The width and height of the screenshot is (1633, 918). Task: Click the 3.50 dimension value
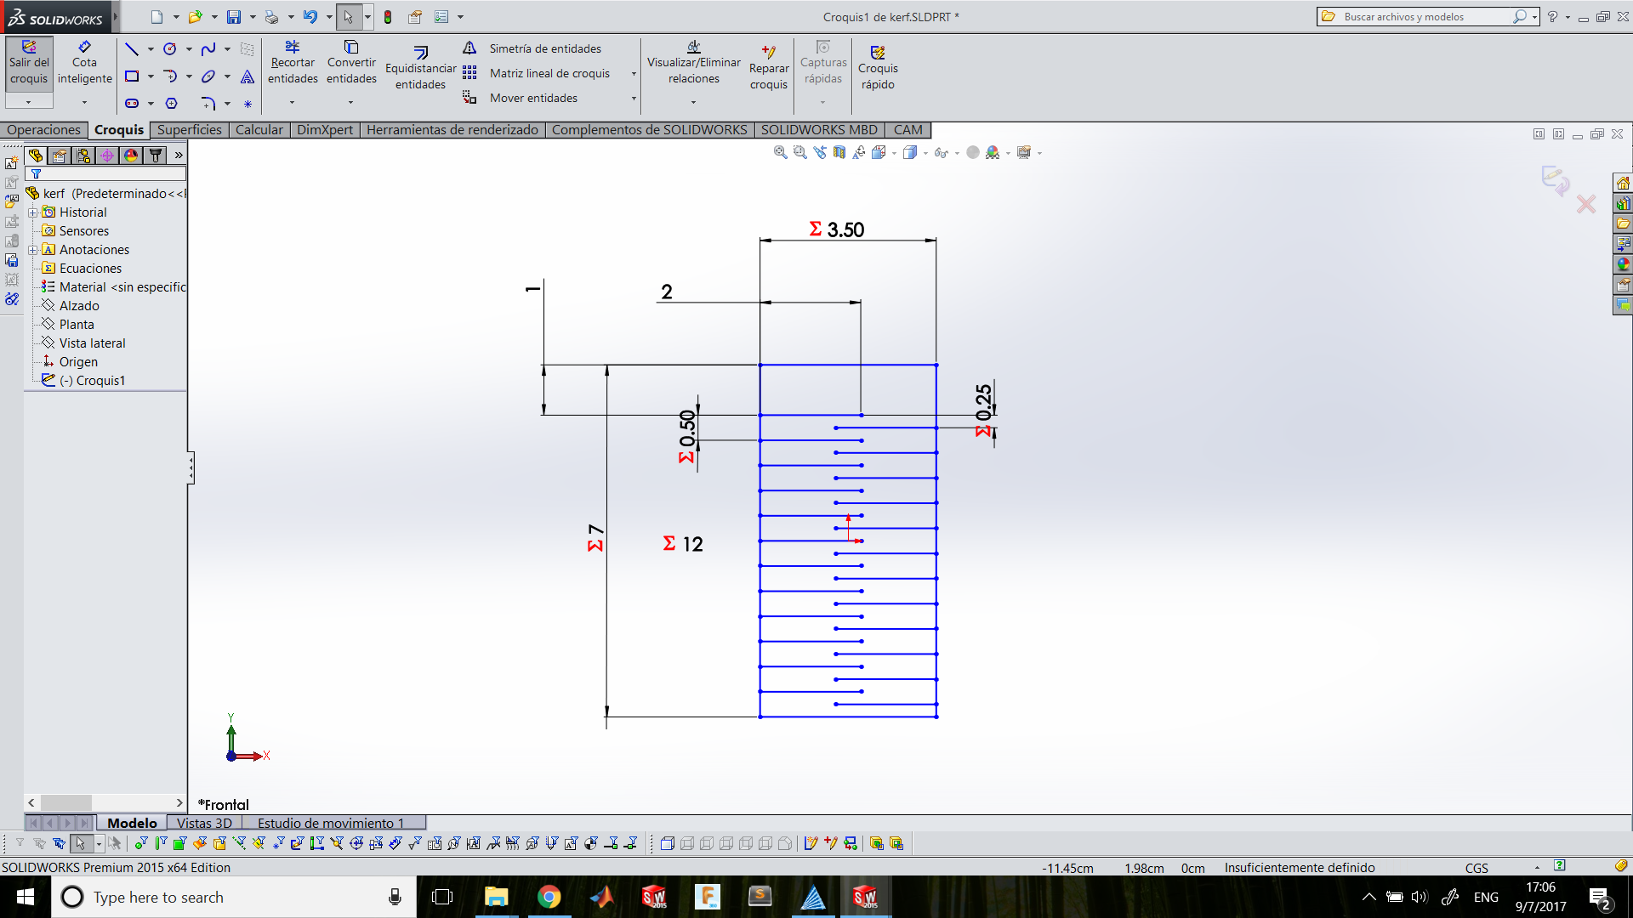[845, 229]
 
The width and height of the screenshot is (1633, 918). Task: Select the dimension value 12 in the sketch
[693, 544]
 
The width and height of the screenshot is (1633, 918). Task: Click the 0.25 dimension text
[984, 402]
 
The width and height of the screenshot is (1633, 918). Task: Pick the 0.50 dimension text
[687, 428]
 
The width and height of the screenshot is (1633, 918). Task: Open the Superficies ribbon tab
[189, 129]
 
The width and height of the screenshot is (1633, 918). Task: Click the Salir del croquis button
[29, 63]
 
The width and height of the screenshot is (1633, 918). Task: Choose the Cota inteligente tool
[84, 63]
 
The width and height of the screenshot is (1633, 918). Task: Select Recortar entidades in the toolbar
[293, 63]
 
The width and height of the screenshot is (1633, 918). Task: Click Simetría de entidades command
[545, 48]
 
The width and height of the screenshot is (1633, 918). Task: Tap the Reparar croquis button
[769, 67]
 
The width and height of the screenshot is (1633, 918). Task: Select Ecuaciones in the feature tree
[90, 269]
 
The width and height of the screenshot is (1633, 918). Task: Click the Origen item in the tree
[78, 362]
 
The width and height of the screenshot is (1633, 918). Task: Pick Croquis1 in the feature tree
[100, 381]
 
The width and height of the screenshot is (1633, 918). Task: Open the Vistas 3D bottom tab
[204, 823]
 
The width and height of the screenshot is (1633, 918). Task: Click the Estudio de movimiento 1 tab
[331, 823]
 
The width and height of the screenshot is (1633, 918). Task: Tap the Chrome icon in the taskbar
[549, 897]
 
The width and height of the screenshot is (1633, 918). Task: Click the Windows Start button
[26, 897]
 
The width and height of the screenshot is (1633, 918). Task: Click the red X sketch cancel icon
[1586, 204]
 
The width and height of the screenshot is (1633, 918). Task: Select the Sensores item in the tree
[84, 231]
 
